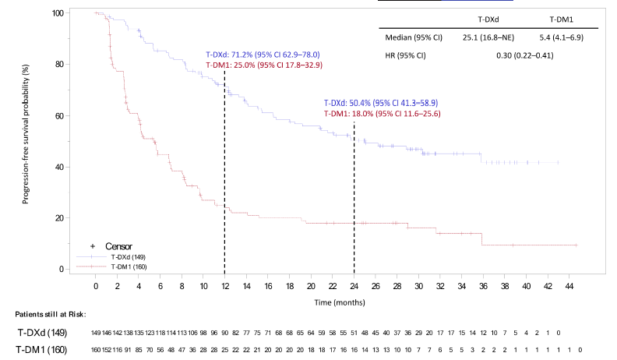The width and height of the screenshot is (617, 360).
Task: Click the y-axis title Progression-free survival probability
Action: coord(26,141)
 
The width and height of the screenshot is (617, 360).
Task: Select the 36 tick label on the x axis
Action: coord(483,286)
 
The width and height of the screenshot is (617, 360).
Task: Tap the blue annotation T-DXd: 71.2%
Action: coord(263,55)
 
